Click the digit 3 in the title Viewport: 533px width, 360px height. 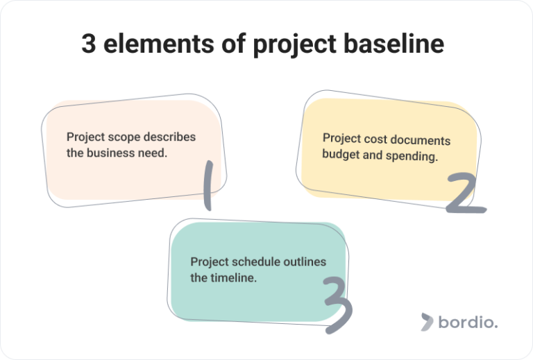click(x=88, y=44)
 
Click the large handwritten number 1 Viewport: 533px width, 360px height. click(x=206, y=185)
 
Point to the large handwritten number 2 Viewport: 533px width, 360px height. click(x=465, y=194)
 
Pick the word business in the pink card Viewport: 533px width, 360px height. click(x=108, y=153)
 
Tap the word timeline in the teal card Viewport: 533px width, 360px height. click(x=232, y=278)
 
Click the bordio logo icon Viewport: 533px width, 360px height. click(x=426, y=321)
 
